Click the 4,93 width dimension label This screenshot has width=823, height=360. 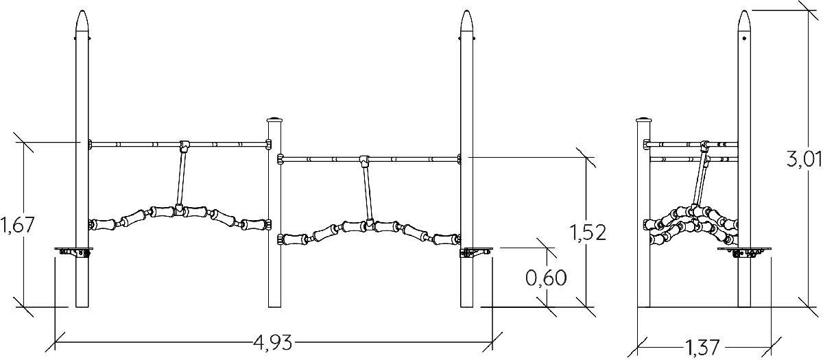tap(273, 343)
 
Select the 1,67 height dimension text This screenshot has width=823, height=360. tap(18, 225)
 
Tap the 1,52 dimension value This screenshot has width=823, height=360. tap(588, 232)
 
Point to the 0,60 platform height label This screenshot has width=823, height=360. tap(546, 278)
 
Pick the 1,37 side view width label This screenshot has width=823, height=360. tap(702, 348)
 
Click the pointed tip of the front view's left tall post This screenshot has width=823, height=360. tap(82, 11)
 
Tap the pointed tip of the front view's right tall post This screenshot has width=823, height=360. tap(467, 11)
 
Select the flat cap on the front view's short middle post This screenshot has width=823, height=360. tap(274, 120)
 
